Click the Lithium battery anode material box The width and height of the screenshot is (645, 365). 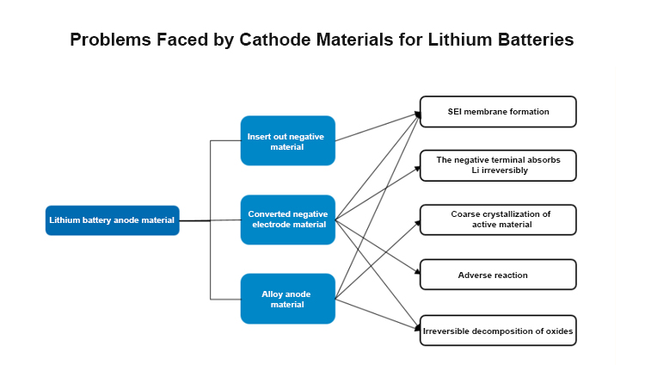pyautogui.click(x=112, y=220)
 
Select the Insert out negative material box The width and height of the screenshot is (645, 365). pyautogui.click(x=287, y=140)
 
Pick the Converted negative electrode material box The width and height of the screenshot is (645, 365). pyautogui.click(x=287, y=220)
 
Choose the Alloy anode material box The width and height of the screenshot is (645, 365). pyautogui.click(x=287, y=299)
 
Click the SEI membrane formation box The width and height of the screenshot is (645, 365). pyautogui.click(x=498, y=112)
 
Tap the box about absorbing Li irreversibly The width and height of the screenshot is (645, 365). pyautogui.click(x=498, y=165)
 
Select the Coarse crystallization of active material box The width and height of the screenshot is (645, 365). pyautogui.click(x=498, y=220)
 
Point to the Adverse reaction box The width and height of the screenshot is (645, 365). pyautogui.click(x=498, y=275)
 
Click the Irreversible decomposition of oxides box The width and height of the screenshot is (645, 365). pyautogui.click(x=498, y=331)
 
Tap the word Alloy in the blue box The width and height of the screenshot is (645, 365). pyautogui.click(x=273, y=294)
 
